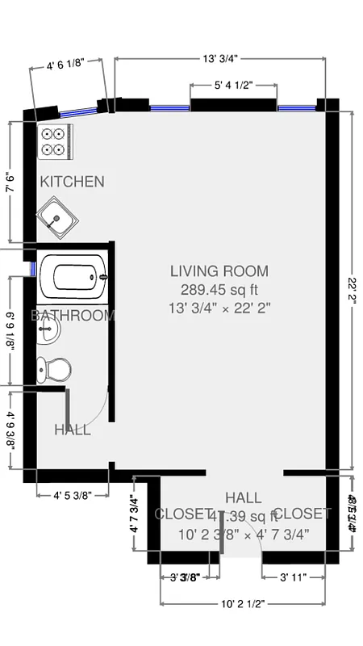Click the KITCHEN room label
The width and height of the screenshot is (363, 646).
(x=72, y=181)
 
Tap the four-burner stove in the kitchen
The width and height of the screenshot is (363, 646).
(x=55, y=141)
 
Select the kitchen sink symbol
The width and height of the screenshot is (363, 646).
(x=57, y=218)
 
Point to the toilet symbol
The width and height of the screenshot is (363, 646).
(x=54, y=370)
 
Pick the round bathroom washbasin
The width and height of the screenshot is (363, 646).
(x=48, y=332)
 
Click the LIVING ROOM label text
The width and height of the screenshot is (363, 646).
(x=219, y=271)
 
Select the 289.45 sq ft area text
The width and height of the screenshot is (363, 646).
(x=219, y=289)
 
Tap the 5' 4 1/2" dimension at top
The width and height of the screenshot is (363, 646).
(x=234, y=84)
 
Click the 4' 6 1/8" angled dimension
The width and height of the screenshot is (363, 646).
(x=71, y=65)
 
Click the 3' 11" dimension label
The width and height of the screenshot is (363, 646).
(x=294, y=577)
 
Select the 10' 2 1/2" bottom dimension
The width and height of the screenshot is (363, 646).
(x=244, y=603)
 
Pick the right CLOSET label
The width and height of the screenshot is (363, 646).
(x=302, y=514)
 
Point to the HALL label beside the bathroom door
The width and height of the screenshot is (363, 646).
(x=73, y=430)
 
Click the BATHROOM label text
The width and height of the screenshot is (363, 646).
(x=73, y=316)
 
